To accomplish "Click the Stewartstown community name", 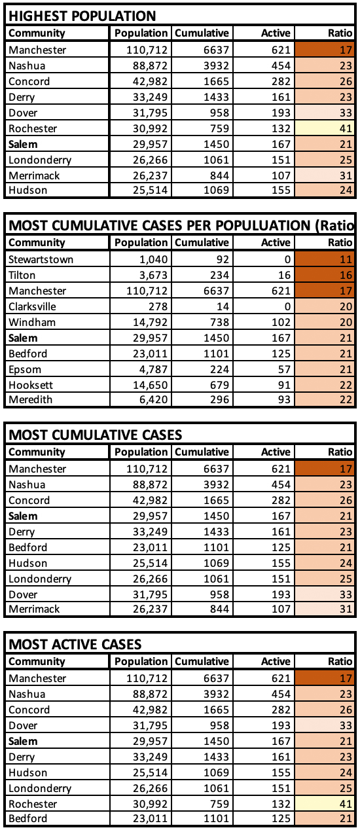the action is click(x=41, y=259).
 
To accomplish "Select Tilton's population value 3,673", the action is click(x=153, y=275).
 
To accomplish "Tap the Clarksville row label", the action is click(x=32, y=306).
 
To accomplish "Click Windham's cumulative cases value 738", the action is click(x=220, y=322).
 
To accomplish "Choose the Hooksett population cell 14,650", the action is click(x=151, y=385).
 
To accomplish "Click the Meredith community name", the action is click(x=30, y=400).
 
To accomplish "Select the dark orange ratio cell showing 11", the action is click(x=325, y=259).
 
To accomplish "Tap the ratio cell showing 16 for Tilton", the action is click(x=325, y=275).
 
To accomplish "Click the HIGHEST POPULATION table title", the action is click(x=82, y=16).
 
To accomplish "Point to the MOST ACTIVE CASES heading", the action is click(x=75, y=644).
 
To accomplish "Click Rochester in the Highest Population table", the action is click(x=33, y=128).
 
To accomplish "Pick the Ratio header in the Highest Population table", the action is click(x=340, y=33).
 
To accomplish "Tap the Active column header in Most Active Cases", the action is click(x=276, y=661).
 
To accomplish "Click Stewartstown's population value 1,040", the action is click(x=153, y=259).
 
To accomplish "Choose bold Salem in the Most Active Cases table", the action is click(x=23, y=741).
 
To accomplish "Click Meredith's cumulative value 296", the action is click(x=220, y=400).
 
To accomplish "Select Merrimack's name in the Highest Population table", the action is click(x=34, y=175).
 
